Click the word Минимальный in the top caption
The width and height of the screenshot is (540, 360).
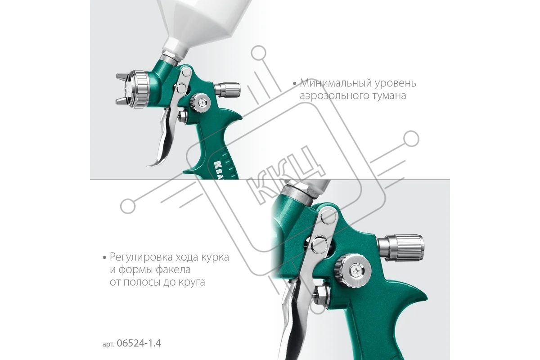click(333, 83)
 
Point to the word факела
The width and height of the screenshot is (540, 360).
click(173, 270)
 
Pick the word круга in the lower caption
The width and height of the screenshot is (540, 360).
click(192, 282)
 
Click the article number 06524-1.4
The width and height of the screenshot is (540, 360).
click(139, 343)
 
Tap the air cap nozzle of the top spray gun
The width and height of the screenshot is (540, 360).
click(131, 89)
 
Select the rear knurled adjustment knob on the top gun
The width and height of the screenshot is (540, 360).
click(227, 90)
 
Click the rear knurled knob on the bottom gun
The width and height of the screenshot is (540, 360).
click(400, 248)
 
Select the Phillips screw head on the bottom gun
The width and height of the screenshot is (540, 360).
click(356, 272)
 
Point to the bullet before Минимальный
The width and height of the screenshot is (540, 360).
click(295, 84)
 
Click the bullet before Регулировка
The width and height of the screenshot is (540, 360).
click(104, 258)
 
